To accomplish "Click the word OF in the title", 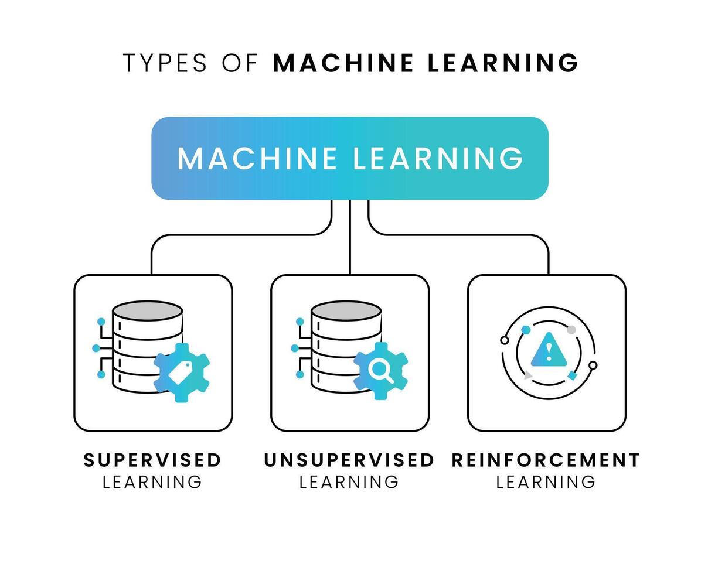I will coord(240,63).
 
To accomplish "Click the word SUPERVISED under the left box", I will coord(152,460).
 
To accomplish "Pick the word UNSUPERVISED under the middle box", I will coord(349,460).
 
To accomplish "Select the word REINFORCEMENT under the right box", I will coord(546,460).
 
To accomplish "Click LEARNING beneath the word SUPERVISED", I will coord(152,482).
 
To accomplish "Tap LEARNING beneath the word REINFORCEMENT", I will coord(546,482).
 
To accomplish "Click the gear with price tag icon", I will coord(181,373).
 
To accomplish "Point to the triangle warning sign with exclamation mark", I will coord(549,350).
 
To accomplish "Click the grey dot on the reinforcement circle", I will coord(571,330).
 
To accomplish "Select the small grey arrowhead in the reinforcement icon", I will coord(528,375).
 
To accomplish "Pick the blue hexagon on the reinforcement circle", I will coord(526,330).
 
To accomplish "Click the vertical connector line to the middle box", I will coord(350,246).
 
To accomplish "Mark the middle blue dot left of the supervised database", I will coord(96,348).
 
